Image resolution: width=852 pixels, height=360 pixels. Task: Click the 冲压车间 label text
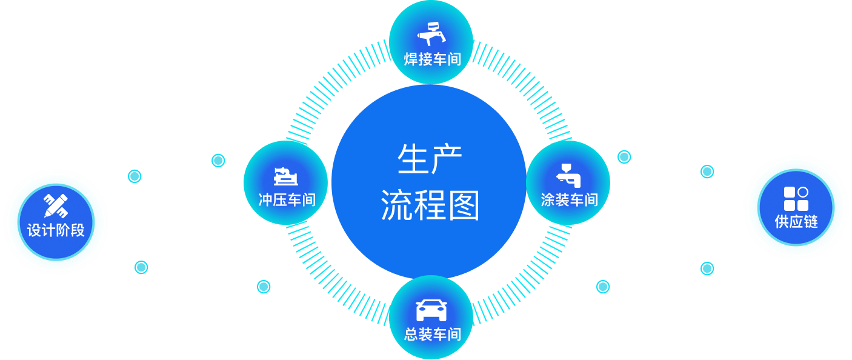tap(287, 199)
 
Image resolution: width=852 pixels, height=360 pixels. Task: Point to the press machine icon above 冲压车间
tap(285, 176)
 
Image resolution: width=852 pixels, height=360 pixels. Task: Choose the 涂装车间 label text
tap(569, 199)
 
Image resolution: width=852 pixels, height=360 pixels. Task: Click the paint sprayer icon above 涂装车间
tap(568, 175)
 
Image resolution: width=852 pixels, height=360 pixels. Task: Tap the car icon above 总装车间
tap(431, 310)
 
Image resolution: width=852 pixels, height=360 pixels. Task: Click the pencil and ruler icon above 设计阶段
tap(56, 205)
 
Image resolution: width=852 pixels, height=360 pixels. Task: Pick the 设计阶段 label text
tap(56, 230)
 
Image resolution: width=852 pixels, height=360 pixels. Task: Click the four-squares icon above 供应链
tap(796, 199)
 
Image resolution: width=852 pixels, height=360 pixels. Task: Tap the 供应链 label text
tap(796, 222)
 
